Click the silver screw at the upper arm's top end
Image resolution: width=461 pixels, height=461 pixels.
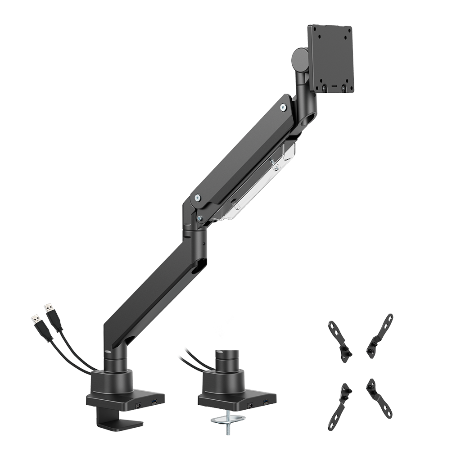pos(283,107)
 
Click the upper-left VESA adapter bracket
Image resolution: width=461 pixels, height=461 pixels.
pos(339,338)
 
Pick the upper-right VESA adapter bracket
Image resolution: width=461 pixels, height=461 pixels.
pos(380,335)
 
